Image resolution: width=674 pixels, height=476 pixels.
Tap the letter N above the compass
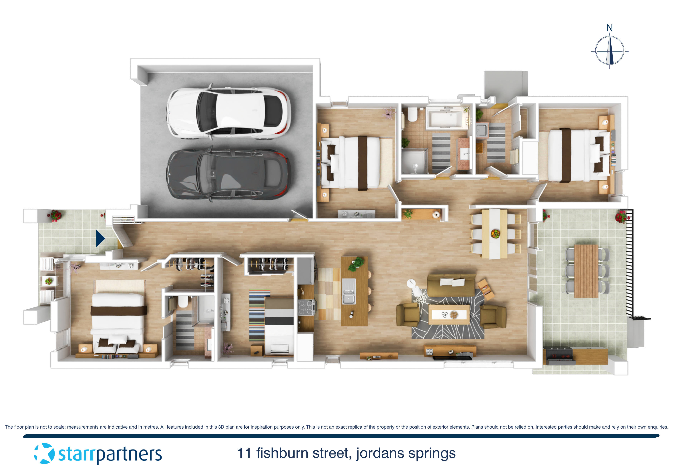click(x=609, y=28)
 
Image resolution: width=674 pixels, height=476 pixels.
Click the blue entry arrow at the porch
click(x=100, y=238)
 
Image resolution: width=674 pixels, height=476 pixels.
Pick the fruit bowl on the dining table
click(x=495, y=234)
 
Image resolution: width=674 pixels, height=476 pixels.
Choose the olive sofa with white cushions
click(x=451, y=285)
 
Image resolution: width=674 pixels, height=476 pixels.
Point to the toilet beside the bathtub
click(x=412, y=115)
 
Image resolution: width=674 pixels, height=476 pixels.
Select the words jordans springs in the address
click(x=406, y=453)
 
